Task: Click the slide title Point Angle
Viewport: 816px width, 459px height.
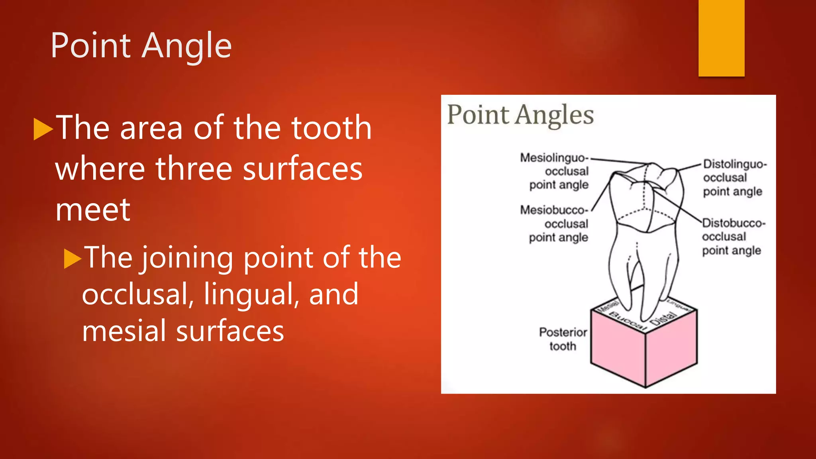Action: [x=141, y=45]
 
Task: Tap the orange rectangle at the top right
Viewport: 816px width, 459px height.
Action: [x=721, y=38]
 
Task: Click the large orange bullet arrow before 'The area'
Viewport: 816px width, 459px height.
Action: [x=43, y=129]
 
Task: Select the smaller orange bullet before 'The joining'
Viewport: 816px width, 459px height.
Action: [x=73, y=259]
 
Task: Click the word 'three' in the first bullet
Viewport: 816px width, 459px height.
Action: [x=194, y=169]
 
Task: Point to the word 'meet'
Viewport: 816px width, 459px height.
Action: [x=92, y=210]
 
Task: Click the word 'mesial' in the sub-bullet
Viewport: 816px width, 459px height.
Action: [x=124, y=331]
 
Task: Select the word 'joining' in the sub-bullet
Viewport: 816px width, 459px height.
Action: [x=187, y=258]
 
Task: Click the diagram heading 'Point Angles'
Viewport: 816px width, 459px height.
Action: [x=520, y=115]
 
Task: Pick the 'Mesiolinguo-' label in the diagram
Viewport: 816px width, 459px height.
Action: [x=554, y=158]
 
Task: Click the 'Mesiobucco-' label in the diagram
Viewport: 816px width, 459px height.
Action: [x=554, y=210]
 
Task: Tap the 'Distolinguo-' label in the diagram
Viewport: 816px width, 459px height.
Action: [x=735, y=164]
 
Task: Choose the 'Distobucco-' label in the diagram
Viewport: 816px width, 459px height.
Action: [x=734, y=223]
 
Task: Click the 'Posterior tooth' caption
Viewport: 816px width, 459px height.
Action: [x=563, y=339]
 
